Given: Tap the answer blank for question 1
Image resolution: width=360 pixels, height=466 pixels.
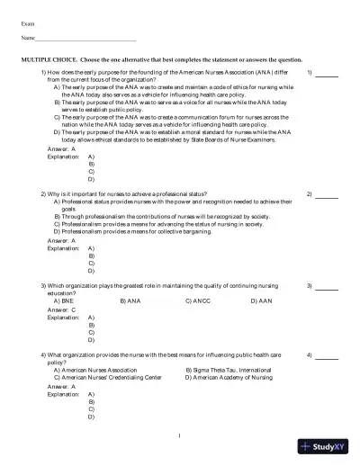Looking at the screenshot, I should coord(326,74).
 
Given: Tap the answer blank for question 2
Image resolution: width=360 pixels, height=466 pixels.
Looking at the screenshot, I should coord(326,194).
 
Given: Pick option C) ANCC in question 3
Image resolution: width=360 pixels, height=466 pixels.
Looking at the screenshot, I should coord(198,300).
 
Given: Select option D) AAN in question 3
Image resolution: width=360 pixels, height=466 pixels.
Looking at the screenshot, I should coord(261,300).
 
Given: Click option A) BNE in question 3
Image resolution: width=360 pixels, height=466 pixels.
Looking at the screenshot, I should coord(63,300).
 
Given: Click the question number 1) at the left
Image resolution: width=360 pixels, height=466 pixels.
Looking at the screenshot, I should coord(44,71).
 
